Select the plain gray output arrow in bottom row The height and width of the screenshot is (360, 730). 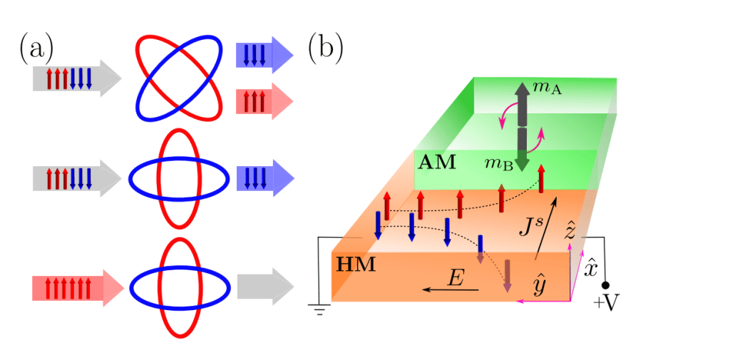(264, 287)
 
